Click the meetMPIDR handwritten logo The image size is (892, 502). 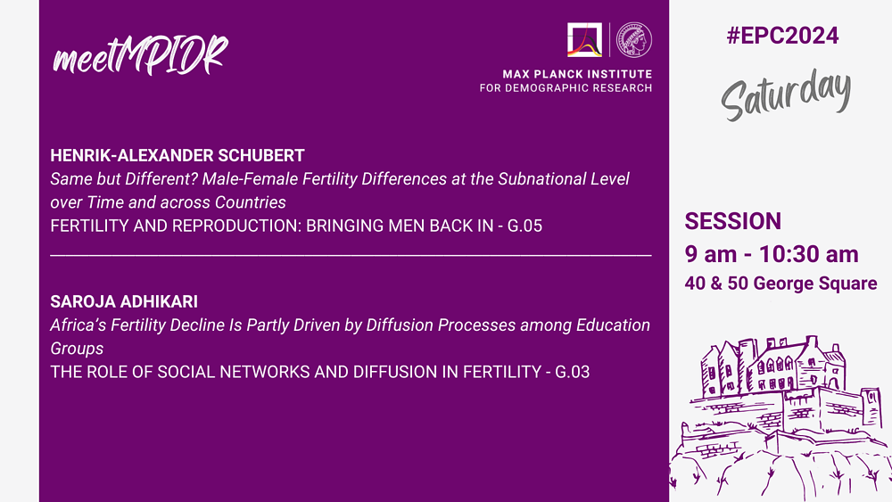141,55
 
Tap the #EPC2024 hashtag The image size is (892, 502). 782,36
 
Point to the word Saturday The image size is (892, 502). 786,94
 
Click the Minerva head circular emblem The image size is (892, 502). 634,39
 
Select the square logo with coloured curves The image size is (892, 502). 584,39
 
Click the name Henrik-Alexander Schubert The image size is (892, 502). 178,155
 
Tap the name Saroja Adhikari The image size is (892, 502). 124,301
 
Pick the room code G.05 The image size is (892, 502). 524,226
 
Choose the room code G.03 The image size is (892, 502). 573,372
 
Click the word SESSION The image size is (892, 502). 732,221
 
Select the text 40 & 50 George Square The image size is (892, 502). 780,284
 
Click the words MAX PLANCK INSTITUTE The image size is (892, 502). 577,74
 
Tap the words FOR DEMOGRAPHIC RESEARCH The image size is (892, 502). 566,88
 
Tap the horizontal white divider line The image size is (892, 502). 351,256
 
